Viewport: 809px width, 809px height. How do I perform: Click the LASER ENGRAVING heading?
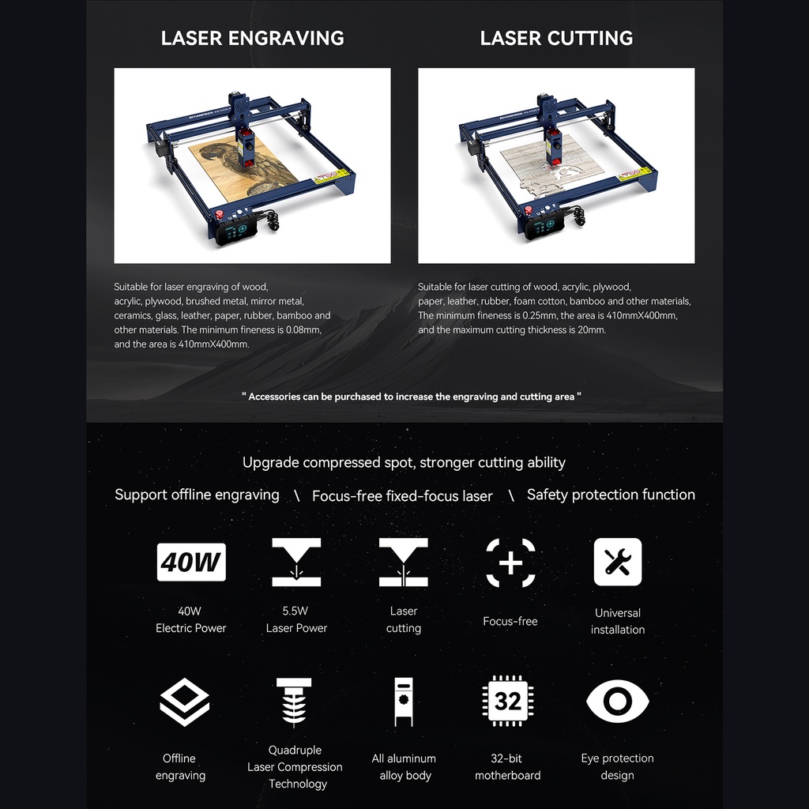tap(252, 38)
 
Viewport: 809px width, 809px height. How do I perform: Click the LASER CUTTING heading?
tap(556, 38)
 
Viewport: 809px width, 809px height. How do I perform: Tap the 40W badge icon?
tap(191, 562)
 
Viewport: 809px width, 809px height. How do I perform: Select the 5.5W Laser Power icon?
tap(296, 562)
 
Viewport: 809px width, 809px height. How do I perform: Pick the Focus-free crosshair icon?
tap(510, 563)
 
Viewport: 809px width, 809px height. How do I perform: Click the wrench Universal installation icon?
tap(617, 562)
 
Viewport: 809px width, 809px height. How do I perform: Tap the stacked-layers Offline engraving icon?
tap(184, 702)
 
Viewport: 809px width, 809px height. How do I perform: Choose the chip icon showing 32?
tap(507, 701)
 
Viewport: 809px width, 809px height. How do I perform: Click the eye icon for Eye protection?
tap(617, 702)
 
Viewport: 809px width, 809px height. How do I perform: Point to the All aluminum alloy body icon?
tap(405, 702)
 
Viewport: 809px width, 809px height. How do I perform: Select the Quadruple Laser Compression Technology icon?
tap(294, 702)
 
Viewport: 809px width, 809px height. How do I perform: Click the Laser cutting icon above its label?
tap(403, 562)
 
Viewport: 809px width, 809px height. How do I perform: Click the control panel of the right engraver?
tap(545, 226)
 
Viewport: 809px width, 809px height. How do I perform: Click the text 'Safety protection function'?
tap(611, 495)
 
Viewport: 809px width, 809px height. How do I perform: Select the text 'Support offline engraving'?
tap(197, 495)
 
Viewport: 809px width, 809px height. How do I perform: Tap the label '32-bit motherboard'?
tap(507, 766)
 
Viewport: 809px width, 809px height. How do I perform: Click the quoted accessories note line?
tap(412, 397)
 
